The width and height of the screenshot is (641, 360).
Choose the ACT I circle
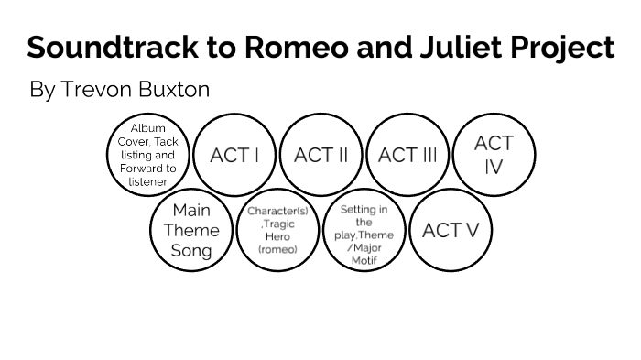[x=234, y=155]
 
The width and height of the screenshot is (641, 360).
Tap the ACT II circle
[x=320, y=155]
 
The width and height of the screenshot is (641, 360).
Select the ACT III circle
[x=407, y=155]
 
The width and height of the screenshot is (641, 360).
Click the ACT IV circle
[x=494, y=155]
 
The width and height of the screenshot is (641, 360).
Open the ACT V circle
[x=451, y=230]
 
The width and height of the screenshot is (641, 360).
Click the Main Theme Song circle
[x=191, y=230]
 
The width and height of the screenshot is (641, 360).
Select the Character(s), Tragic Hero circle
[x=277, y=230]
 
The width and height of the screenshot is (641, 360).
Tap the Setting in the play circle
[x=364, y=230]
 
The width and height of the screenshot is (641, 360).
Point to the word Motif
[x=364, y=261]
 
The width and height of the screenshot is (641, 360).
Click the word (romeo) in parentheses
[x=277, y=249]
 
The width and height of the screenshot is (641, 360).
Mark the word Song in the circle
[x=191, y=250]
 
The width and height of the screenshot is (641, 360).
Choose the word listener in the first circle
[x=148, y=181]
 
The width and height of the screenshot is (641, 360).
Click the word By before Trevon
[x=42, y=90]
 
